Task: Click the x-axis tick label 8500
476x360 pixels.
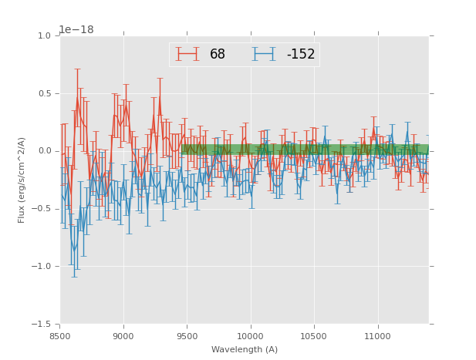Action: pyautogui.click(x=60, y=336)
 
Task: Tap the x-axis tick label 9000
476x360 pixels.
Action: pyautogui.click(x=123, y=336)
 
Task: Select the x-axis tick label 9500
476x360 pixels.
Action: pyautogui.click(x=187, y=336)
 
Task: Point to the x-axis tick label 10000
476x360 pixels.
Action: pyautogui.click(x=250, y=336)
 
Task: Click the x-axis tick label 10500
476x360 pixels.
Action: pyautogui.click(x=314, y=336)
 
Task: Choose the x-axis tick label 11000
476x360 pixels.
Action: pyautogui.click(x=377, y=336)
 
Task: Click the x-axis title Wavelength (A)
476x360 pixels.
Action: pyautogui.click(x=245, y=349)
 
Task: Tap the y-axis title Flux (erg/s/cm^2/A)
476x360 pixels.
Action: pyautogui.click(x=22, y=180)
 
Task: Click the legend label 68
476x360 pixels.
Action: pyautogui.click(x=218, y=55)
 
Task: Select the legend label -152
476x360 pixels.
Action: pyautogui.click(x=301, y=55)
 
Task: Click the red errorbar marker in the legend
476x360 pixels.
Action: pyautogui.click(x=187, y=54)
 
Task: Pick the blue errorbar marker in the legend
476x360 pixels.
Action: pyautogui.click(x=265, y=54)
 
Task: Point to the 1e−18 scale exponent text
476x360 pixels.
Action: pyautogui.click(x=76, y=29)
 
